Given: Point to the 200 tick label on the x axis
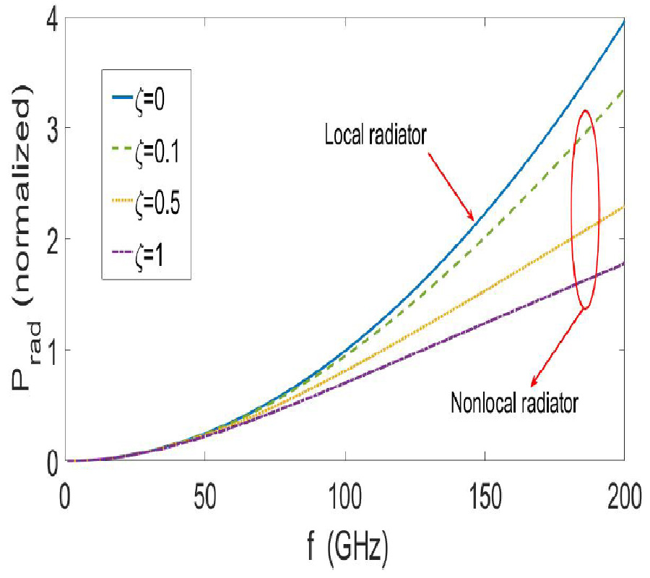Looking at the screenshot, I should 623,499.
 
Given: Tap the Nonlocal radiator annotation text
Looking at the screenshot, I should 513,403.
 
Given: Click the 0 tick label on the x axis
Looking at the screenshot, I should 66,499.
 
